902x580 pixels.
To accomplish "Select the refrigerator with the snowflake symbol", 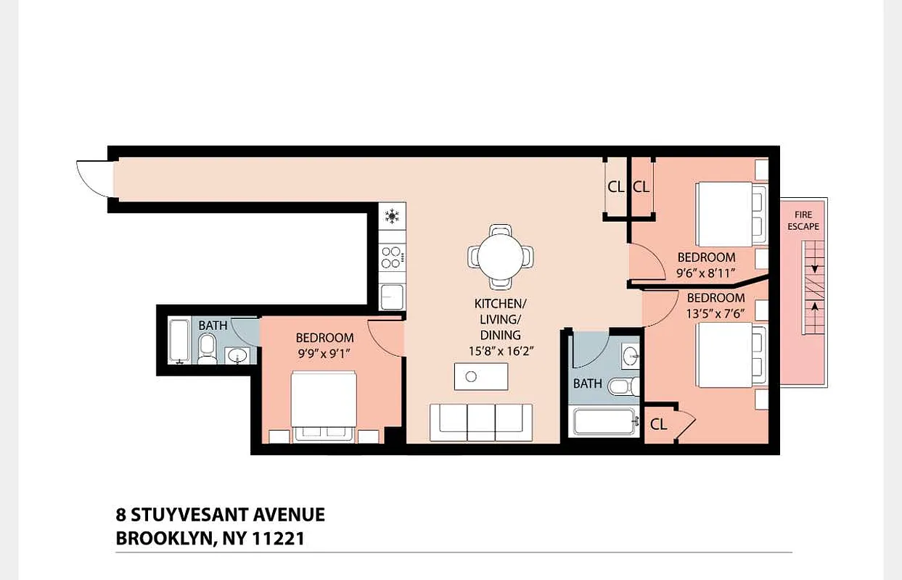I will (x=392, y=216).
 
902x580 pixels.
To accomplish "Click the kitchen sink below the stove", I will (x=392, y=296).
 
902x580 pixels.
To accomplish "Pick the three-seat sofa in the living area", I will (x=480, y=422).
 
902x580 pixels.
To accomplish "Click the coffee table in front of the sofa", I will (x=480, y=376).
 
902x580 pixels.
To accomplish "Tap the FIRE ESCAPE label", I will (x=803, y=220).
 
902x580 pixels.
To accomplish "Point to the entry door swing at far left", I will (x=94, y=178).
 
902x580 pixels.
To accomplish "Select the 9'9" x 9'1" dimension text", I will (x=324, y=354).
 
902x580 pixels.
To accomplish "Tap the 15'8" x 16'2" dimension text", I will (x=500, y=351).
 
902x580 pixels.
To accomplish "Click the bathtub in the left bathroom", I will (x=179, y=341).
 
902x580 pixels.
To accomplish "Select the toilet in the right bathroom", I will (x=623, y=386).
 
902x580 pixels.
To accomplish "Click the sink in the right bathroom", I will (x=630, y=356).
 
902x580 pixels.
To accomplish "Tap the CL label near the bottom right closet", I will (x=658, y=425).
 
